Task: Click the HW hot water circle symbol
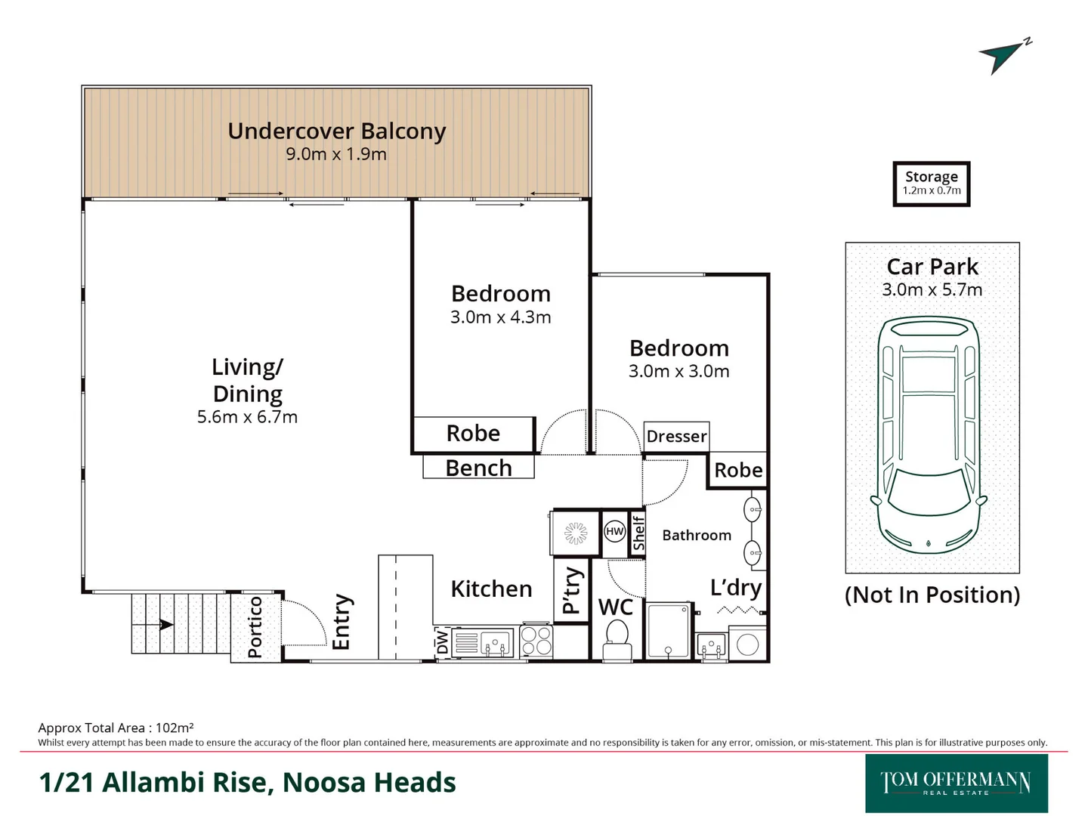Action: point(615,531)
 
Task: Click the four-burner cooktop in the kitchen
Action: point(536,641)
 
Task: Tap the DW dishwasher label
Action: point(443,643)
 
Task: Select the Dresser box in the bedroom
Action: point(676,436)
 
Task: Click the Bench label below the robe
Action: point(478,468)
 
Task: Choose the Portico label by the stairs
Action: point(255,626)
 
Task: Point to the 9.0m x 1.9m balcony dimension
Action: point(336,154)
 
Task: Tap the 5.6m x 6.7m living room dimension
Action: point(247,417)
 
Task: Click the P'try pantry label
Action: point(571,591)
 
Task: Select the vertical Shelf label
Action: point(638,533)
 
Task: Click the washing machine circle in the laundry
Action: point(747,644)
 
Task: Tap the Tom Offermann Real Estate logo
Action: point(956,784)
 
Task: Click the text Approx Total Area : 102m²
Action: point(116,728)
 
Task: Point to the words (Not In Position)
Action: point(932,595)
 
